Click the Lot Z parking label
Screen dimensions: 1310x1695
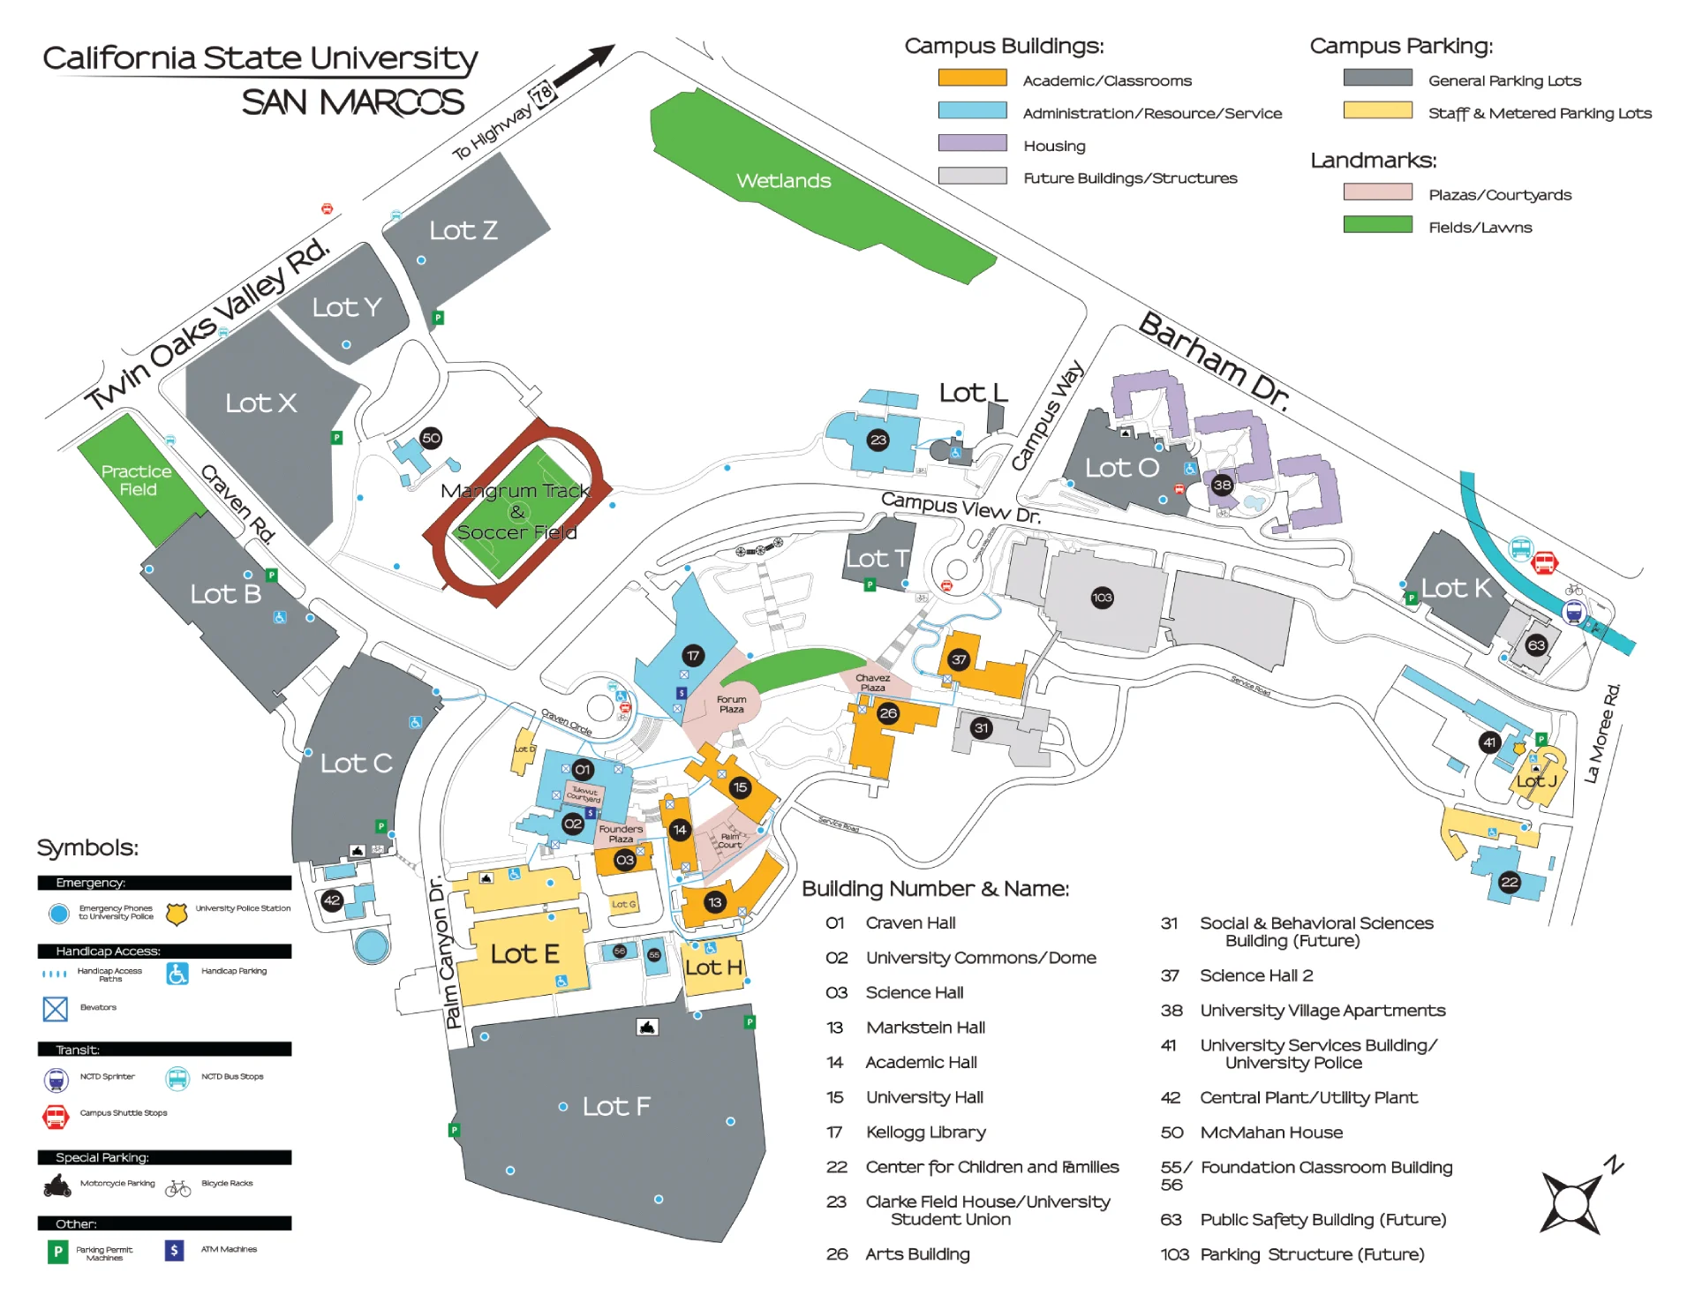[463, 230]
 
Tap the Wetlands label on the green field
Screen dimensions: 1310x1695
[783, 181]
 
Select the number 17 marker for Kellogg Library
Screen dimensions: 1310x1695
[693, 656]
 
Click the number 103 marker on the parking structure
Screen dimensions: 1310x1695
[1102, 598]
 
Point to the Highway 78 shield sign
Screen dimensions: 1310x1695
[541, 94]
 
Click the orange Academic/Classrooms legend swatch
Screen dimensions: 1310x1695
[972, 79]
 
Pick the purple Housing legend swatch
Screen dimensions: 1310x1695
[972, 144]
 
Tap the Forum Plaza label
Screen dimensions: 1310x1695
[731, 704]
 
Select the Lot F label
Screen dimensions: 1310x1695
[615, 1106]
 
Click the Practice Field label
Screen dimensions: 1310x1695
[136, 480]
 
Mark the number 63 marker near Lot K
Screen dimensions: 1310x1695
[1536, 645]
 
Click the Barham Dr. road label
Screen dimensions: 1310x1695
[1215, 361]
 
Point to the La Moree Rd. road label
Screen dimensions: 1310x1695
[1602, 733]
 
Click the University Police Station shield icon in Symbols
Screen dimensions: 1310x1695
[177, 914]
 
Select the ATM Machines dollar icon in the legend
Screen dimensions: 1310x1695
[174, 1250]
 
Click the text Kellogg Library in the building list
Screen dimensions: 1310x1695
[925, 1133]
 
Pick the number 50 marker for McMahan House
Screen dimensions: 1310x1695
[431, 438]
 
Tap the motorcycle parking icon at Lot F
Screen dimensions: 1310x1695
[647, 1027]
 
